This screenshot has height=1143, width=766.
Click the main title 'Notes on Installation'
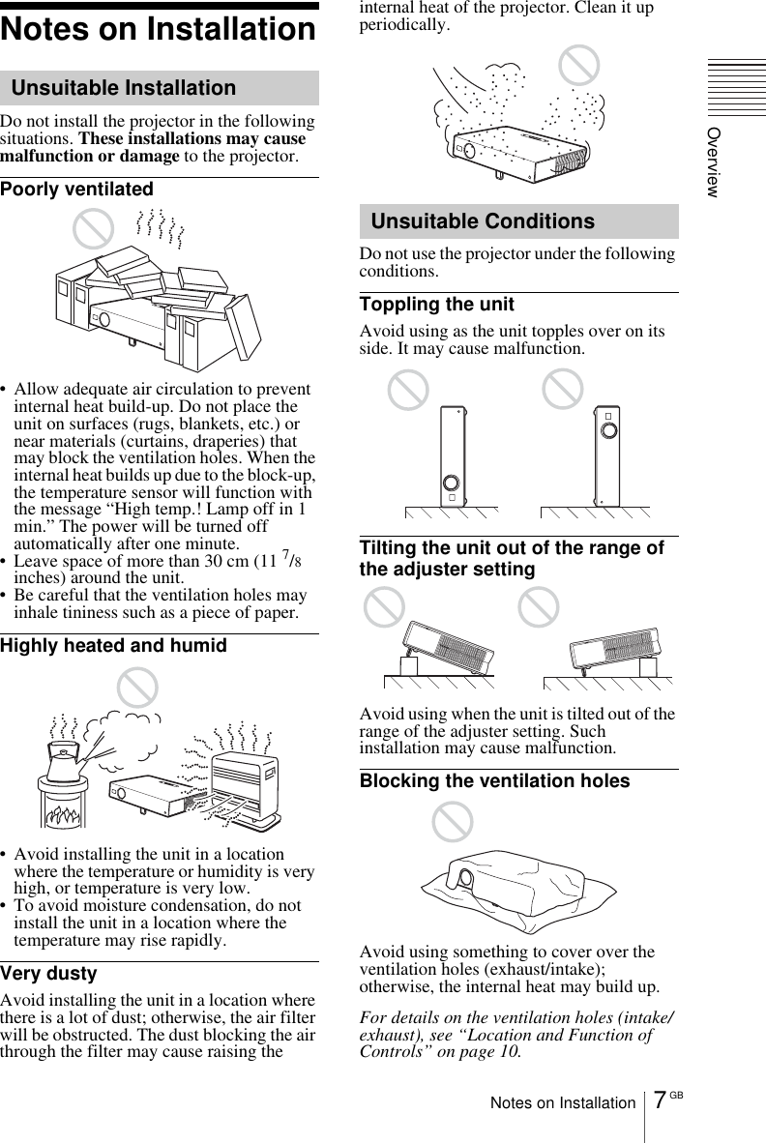(159, 30)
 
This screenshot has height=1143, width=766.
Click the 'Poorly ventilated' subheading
(77, 189)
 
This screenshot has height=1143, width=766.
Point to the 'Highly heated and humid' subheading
(114, 645)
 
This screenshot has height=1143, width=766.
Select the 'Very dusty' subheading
(49, 973)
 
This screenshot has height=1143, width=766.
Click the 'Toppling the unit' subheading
(437, 305)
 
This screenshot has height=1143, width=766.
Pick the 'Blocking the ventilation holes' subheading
(494, 780)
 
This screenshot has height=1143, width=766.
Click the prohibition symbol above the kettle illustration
(136, 688)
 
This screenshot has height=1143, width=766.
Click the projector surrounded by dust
(517, 150)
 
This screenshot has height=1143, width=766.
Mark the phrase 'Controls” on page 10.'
(440, 1051)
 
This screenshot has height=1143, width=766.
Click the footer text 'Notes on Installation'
(563, 1102)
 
